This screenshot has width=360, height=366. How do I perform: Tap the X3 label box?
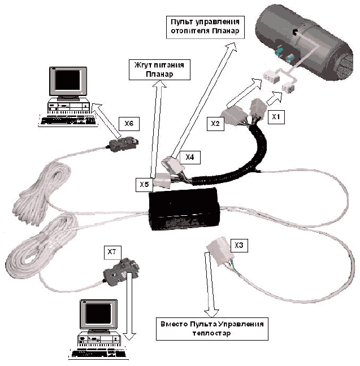tap(240, 245)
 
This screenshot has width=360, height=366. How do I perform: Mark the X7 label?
tap(111, 249)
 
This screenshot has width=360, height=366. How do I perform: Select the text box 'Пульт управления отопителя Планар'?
tap(205, 25)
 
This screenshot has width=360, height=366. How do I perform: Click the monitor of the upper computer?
tap(68, 82)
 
